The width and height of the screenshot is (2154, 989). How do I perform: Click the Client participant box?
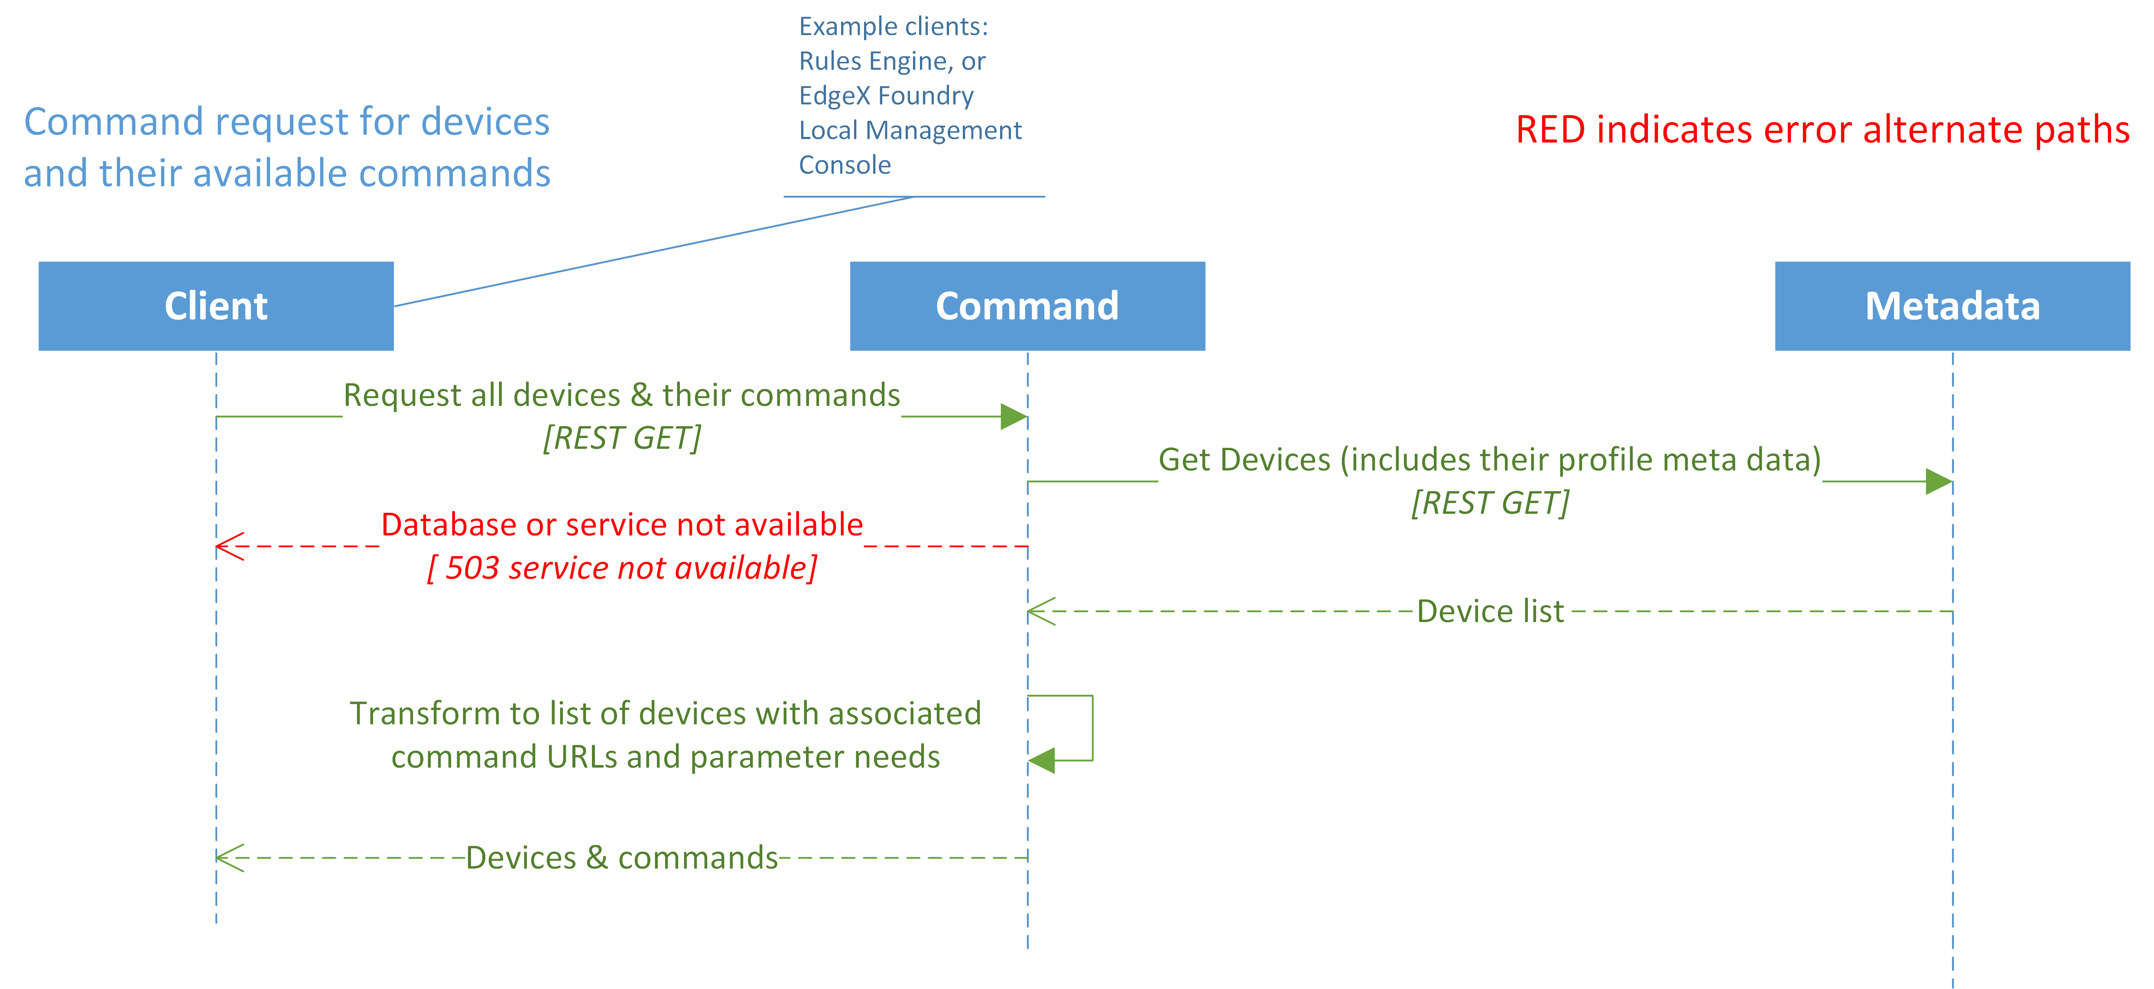click(x=216, y=306)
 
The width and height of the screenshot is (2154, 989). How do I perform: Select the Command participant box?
click(x=1027, y=306)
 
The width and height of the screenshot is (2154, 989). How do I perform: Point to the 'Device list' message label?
click(x=1490, y=611)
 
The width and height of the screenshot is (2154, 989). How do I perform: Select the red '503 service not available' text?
click(x=622, y=568)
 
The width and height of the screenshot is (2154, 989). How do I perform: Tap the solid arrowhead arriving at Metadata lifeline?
click(x=1938, y=482)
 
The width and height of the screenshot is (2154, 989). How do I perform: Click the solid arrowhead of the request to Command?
click(x=1014, y=416)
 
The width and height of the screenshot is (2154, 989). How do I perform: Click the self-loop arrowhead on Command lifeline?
click(x=1042, y=760)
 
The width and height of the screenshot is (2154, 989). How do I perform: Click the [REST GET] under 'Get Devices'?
click(x=1490, y=503)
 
